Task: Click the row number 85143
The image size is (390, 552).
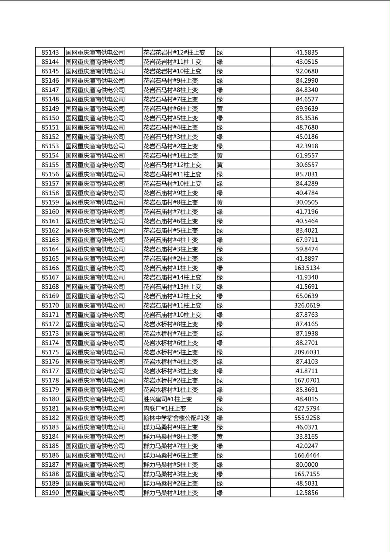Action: (x=50, y=52)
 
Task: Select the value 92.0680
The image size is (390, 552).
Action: (x=306, y=71)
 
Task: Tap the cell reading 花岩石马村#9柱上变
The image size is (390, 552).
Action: (x=171, y=80)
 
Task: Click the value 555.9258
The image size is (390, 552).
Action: (x=306, y=418)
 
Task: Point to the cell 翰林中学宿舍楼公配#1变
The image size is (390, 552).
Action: (x=177, y=418)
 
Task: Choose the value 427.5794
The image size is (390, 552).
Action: (x=306, y=409)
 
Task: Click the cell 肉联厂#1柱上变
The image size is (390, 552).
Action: (x=165, y=409)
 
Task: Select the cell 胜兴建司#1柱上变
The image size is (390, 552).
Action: (x=167, y=399)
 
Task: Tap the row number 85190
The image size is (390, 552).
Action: (x=50, y=493)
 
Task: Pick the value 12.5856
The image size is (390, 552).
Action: (x=306, y=493)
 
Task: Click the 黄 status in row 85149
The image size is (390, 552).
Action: (x=220, y=109)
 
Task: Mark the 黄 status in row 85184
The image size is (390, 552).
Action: (x=220, y=437)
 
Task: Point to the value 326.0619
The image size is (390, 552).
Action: (x=306, y=306)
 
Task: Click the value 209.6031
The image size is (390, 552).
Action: (x=306, y=353)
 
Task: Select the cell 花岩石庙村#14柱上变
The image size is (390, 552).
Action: (x=172, y=277)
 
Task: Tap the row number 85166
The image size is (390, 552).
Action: (x=50, y=268)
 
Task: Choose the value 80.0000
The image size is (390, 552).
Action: (x=306, y=465)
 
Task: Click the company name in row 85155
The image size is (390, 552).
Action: (x=95, y=165)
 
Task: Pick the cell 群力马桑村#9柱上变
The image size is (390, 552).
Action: (x=171, y=427)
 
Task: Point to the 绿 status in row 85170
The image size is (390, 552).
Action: (x=220, y=306)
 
